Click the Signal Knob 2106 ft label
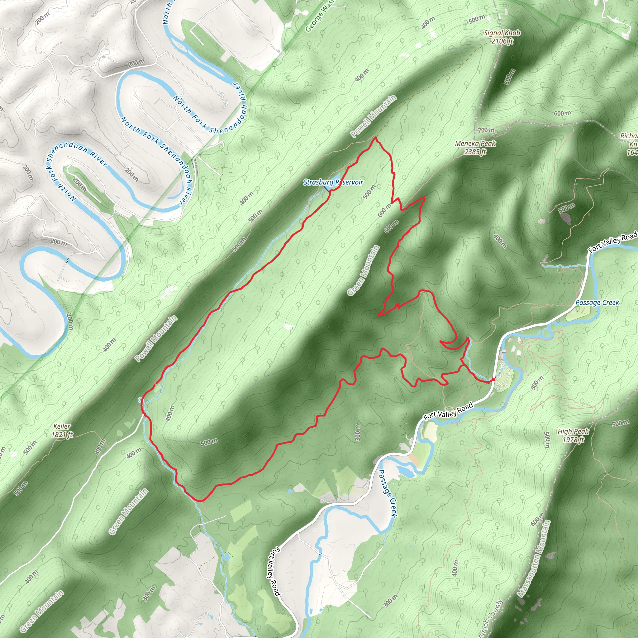click(x=502, y=37)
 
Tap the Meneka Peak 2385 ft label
click(x=475, y=148)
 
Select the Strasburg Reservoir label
click(x=333, y=182)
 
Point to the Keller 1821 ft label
click(x=62, y=430)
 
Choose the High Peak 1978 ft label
click(x=573, y=435)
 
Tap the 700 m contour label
click(x=486, y=130)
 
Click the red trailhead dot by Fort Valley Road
click(x=493, y=380)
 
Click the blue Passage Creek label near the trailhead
click(x=597, y=302)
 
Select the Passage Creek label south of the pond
click(x=387, y=493)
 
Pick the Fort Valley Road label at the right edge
click(x=613, y=242)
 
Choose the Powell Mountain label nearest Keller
click(x=156, y=339)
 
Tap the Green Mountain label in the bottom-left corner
click(x=42, y=611)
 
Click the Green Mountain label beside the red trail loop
click(x=364, y=270)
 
